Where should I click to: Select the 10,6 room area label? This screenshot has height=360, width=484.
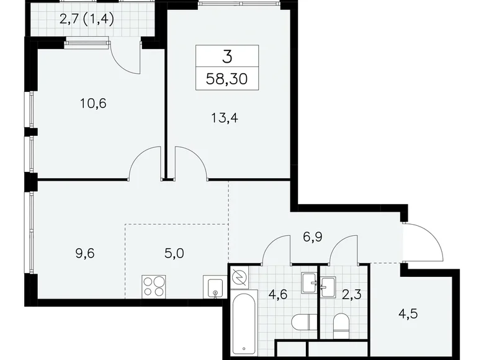pyautogui.click(x=94, y=104)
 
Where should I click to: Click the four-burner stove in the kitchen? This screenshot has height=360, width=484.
pyautogui.click(x=155, y=286)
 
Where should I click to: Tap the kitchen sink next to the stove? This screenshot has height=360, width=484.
pyautogui.click(x=214, y=287)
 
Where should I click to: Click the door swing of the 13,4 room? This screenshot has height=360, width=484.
pyautogui.click(x=191, y=163)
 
